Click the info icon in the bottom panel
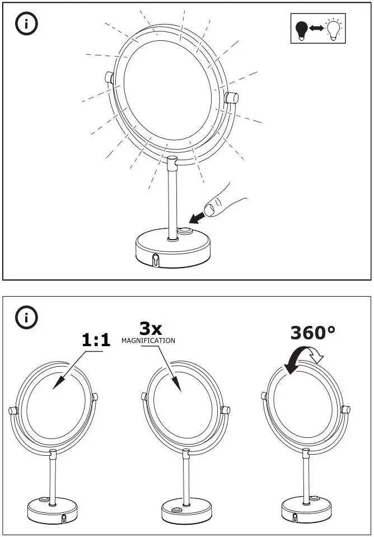coord(26,317)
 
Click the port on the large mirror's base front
coord(156,259)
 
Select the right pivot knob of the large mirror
coord(230,97)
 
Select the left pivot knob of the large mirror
coord(109,78)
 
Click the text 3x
coord(151,328)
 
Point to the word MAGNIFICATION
coord(148,340)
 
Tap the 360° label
coord(312,333)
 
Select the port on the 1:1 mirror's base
coord(63,518)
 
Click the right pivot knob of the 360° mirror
coord(346,409)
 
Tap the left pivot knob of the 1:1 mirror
coord(13,411)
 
